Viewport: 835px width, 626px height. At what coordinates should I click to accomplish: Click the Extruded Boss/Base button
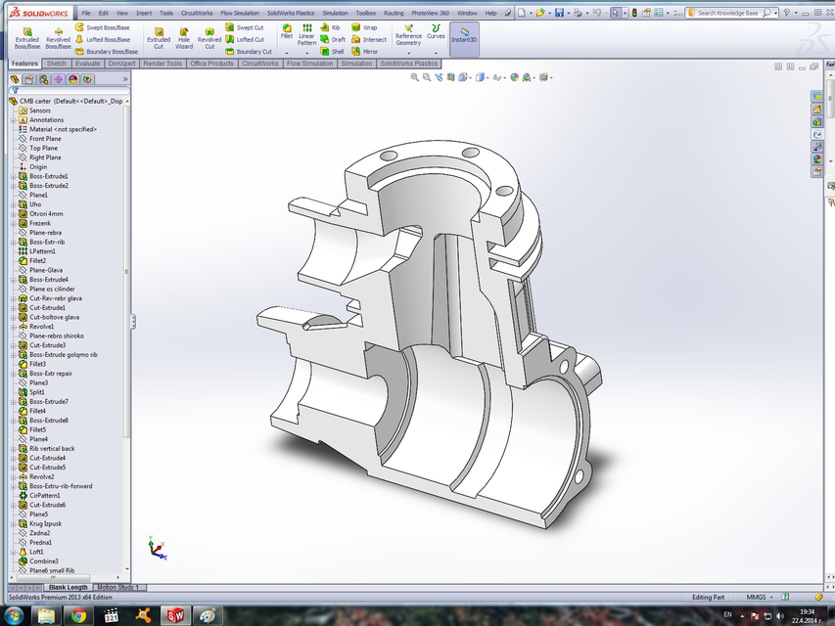[x=27, y=36]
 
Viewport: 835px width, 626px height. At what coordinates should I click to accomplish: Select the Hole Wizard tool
[x=184, y=37]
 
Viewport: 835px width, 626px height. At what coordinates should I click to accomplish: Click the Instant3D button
[x=465, y=37]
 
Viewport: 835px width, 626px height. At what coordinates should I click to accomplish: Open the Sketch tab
[x=57, y=64]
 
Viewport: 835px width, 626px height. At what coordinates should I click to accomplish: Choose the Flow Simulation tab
[x=309, y=64]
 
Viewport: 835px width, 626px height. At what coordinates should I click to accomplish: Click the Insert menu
[x=144, y=13]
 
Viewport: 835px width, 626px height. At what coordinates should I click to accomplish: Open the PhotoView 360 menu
[x=431, y=13]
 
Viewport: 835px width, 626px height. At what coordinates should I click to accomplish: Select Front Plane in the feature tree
[x=45, y=139]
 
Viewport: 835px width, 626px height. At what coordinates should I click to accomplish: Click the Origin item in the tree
[x=37, y=167]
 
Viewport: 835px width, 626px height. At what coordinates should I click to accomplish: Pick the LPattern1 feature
[x=42, y=251]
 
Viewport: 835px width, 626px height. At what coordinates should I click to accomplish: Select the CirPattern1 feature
[x=45, y=495]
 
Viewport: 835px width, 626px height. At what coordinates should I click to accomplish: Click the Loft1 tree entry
[x=36, y=552]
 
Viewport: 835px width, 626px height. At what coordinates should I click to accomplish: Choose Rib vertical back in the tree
[x=51, y=448]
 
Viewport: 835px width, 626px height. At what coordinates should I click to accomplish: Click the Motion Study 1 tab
[x=116, y=587]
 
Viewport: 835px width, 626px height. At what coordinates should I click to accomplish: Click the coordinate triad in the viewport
[x=155, y=548]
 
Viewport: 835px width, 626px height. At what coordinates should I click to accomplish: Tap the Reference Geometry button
[x=408, y=36]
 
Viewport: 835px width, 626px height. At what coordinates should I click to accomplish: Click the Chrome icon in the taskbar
[x=77, y=615]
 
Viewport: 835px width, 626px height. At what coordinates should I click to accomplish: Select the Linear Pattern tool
[x=306, y=36]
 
